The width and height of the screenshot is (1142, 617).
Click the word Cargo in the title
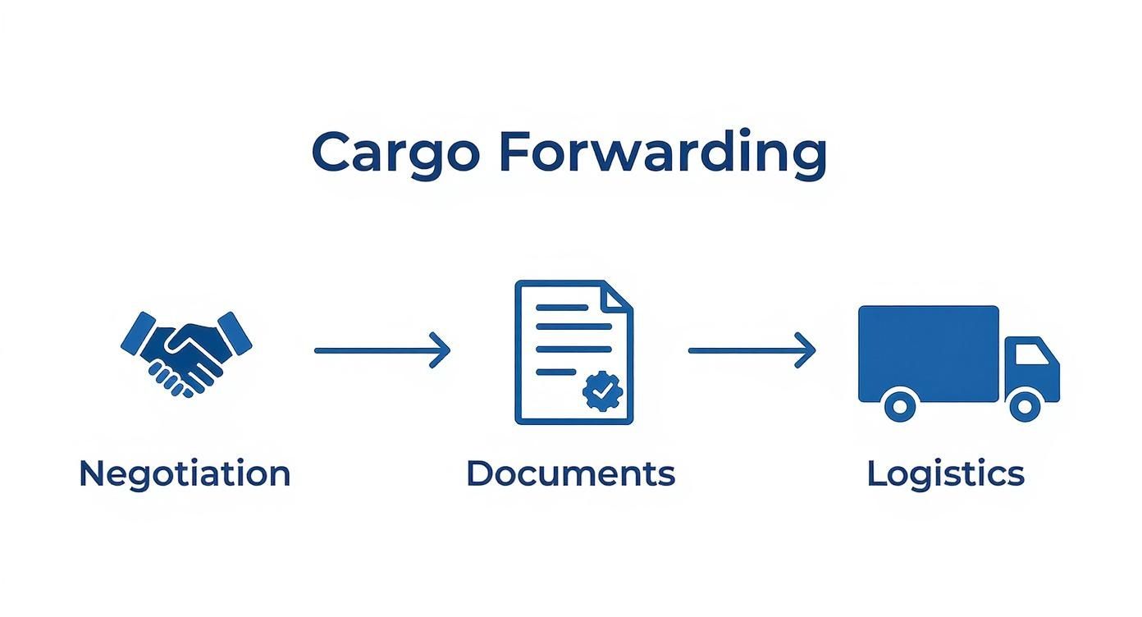(395, 153)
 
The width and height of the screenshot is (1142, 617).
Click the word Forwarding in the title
(662, 154)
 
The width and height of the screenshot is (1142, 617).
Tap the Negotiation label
(185, 474)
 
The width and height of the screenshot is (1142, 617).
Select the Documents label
(570, 474)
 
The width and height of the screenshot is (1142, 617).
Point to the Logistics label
(945, 474)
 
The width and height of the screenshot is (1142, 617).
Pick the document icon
(573, 352)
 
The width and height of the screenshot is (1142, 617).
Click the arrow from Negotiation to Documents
(382, 350)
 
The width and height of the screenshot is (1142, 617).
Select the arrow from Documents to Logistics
(751, 350)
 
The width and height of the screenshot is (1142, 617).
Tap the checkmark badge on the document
(603, 391)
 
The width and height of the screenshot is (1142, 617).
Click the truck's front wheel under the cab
(1025, 404)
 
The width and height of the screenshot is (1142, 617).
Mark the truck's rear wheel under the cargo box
(900, 404)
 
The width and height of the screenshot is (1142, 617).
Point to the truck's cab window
(1031, 354)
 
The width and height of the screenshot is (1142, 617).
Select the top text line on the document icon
(562, 307)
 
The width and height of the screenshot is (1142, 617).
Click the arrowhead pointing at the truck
(807, 350)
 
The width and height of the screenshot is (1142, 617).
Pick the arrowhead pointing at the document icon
(441, 350)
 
